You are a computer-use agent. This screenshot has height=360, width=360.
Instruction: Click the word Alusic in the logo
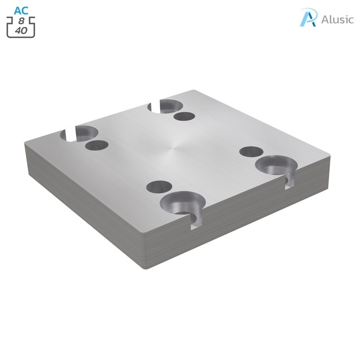(x=337, y=19)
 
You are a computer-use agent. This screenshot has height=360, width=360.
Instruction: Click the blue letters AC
(x=21, y=10)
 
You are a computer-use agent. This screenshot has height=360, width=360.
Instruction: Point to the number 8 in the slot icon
(x=21, y=21)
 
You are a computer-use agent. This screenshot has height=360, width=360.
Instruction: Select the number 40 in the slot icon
(x=21, y=31)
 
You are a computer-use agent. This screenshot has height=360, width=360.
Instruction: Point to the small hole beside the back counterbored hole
(x=184, y=117)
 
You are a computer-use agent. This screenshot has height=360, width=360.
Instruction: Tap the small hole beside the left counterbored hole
(x=97, y=145)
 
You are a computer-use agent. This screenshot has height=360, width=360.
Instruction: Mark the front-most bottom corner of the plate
(x=145, y=268)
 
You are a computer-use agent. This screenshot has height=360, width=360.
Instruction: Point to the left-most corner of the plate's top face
(x=25, y=142)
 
